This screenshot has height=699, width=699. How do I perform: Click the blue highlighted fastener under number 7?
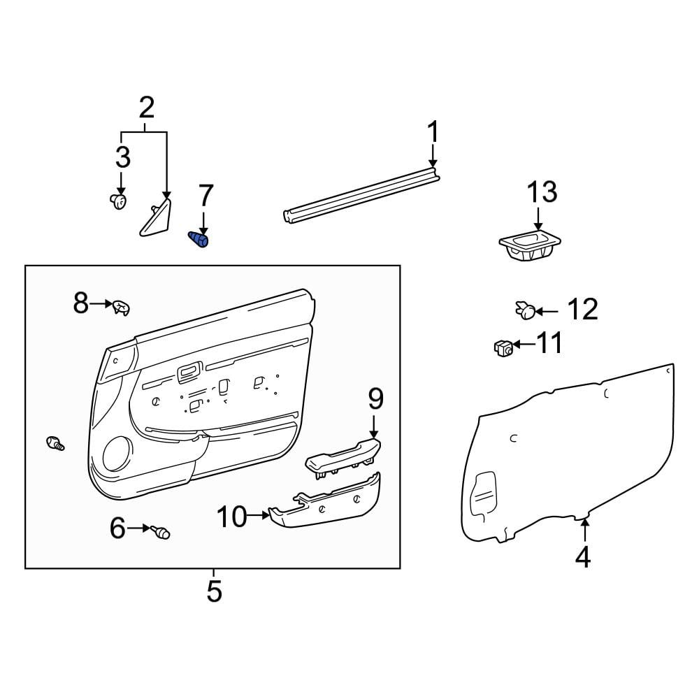tap(199, 240)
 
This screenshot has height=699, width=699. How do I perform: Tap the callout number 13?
tap(542, 192)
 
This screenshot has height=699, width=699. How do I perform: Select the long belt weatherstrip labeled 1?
tap(361, 195)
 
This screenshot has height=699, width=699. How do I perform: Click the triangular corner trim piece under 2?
tap(156, 217)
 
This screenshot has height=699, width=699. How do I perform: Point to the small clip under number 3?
tap(118, 202)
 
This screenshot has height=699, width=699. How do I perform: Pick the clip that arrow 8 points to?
tap(121, 307)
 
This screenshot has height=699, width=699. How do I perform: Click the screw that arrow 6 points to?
tap(161, 532)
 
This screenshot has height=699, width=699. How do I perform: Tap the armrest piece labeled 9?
tap(343, 458)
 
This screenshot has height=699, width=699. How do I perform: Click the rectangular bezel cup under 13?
tap(529, 247)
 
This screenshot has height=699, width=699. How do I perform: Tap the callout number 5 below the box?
tap(214, 591)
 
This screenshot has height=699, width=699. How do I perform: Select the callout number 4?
tap(583, 557)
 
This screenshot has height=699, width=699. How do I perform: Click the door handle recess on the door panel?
tap(189, 373)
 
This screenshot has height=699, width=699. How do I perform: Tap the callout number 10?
tap(232, 517)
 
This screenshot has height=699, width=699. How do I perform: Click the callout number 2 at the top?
tap(147, 108)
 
